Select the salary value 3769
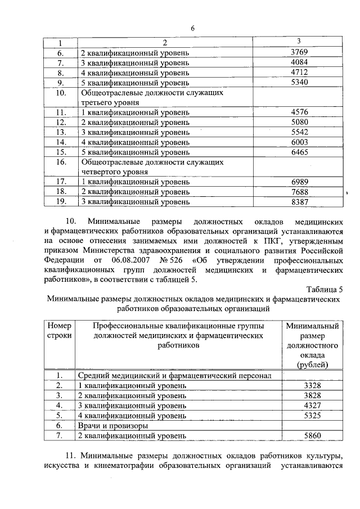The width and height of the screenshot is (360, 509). click(x=299, y=52)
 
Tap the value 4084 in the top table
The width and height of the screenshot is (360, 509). click(x=299, y=62)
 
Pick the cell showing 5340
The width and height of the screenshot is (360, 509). click(x=299, y=83)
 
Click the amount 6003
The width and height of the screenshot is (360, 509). click(x=299, y=143)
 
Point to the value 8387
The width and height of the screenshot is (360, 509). click(x=299, y=201)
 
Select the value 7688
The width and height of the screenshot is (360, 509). click(x=299, y=191)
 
